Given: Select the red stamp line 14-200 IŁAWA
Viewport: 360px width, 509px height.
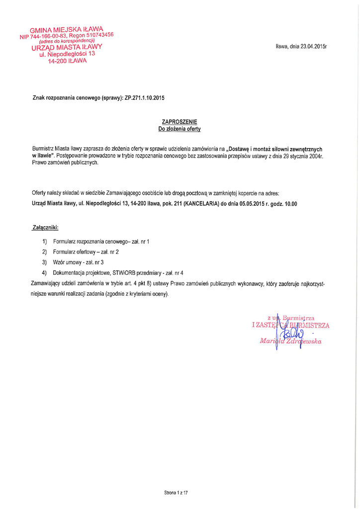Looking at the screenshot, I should click(x=67, y=61).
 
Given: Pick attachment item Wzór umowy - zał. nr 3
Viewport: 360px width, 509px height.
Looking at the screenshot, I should click(x=78, y=262).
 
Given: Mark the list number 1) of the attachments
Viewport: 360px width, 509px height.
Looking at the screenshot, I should click(x=45, y=241).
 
